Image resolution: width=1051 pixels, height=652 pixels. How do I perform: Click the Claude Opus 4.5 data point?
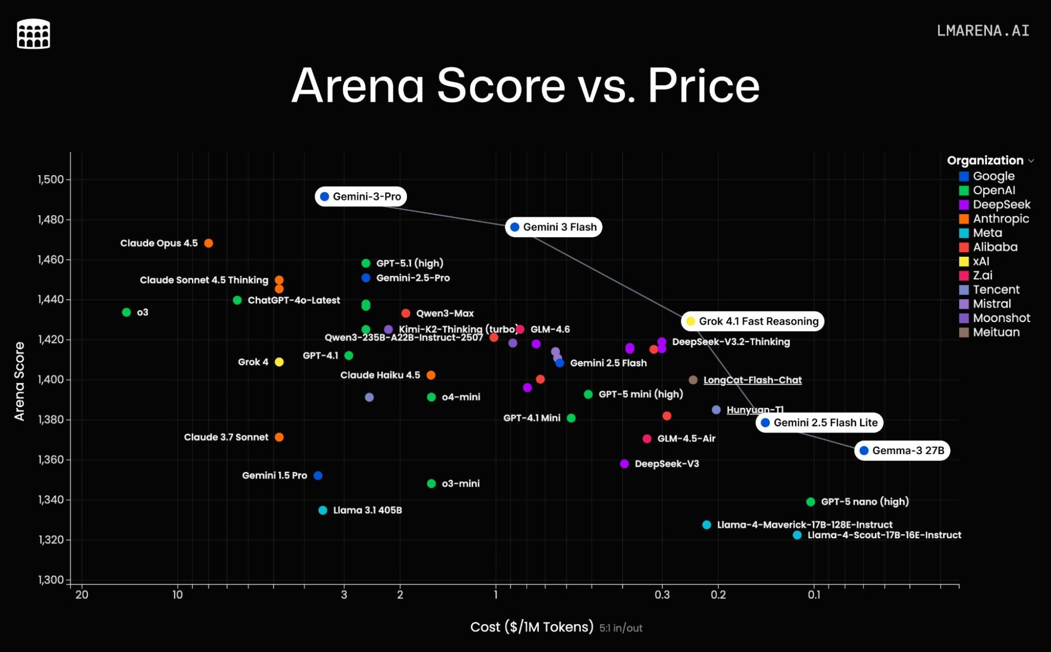point(209,243)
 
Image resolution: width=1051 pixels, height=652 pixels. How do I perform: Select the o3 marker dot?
point(126,312)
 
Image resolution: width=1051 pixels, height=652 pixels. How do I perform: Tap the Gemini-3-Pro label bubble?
point(361,196)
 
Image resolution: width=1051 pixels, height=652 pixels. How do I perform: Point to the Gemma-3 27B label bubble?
point(902,450)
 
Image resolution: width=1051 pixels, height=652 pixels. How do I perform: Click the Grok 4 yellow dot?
point(279,362)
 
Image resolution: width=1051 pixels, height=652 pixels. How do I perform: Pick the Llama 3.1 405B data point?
point(323,510)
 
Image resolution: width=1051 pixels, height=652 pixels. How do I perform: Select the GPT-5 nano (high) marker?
point(811,501)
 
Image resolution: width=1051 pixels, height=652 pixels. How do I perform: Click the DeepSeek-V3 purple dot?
point(625,464)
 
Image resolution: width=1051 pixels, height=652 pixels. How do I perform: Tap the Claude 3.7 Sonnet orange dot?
point(279,437)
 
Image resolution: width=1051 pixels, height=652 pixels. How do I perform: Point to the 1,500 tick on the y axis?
point(50,179)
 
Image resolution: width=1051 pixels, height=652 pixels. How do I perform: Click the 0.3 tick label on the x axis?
point(662,595)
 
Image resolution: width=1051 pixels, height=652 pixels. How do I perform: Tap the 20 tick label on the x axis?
point(81,595)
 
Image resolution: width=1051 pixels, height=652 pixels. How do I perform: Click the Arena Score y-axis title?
point(19,381)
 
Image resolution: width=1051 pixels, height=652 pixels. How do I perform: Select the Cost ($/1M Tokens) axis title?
point(532,627)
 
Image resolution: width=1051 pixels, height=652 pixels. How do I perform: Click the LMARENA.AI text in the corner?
point(983,31)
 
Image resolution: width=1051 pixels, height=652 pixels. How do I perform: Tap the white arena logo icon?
point(34,34)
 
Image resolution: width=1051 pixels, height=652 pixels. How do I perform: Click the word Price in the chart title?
point(703,86)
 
